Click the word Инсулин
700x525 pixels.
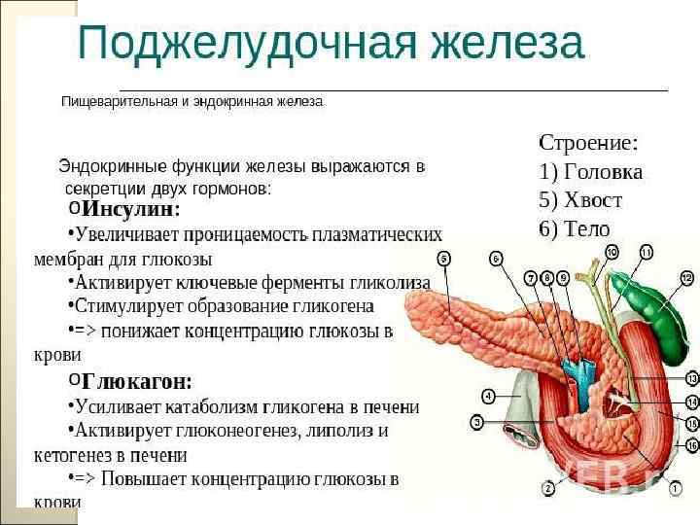pyautogui.click(x=130, y=209)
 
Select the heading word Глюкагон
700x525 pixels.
pyautogui.click(x=136, y=381)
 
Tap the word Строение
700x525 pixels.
pyautogui.click(x=588, y=143)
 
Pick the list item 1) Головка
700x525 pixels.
pyautogui.click(x=590, y=172)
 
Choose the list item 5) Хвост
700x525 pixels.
pyautogui.click(x=580, y=200)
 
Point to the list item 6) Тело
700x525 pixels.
pyautogui.click(x=575, y=229)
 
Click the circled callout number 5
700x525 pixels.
pyautogui.click(x=443, y=259)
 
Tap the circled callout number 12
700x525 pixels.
pyautogui.click(x=687, y=279)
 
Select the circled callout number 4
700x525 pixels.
pyautogui.click(x=488, y=396)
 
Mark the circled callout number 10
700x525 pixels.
pyautogui.click(x=612, y=253)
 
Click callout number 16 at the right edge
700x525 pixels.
pyautogui.click(x=691, y=444)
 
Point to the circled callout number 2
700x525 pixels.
pyautogui.click(x=548, y=487)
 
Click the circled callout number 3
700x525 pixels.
pyautogui.click(x=477, y=422)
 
